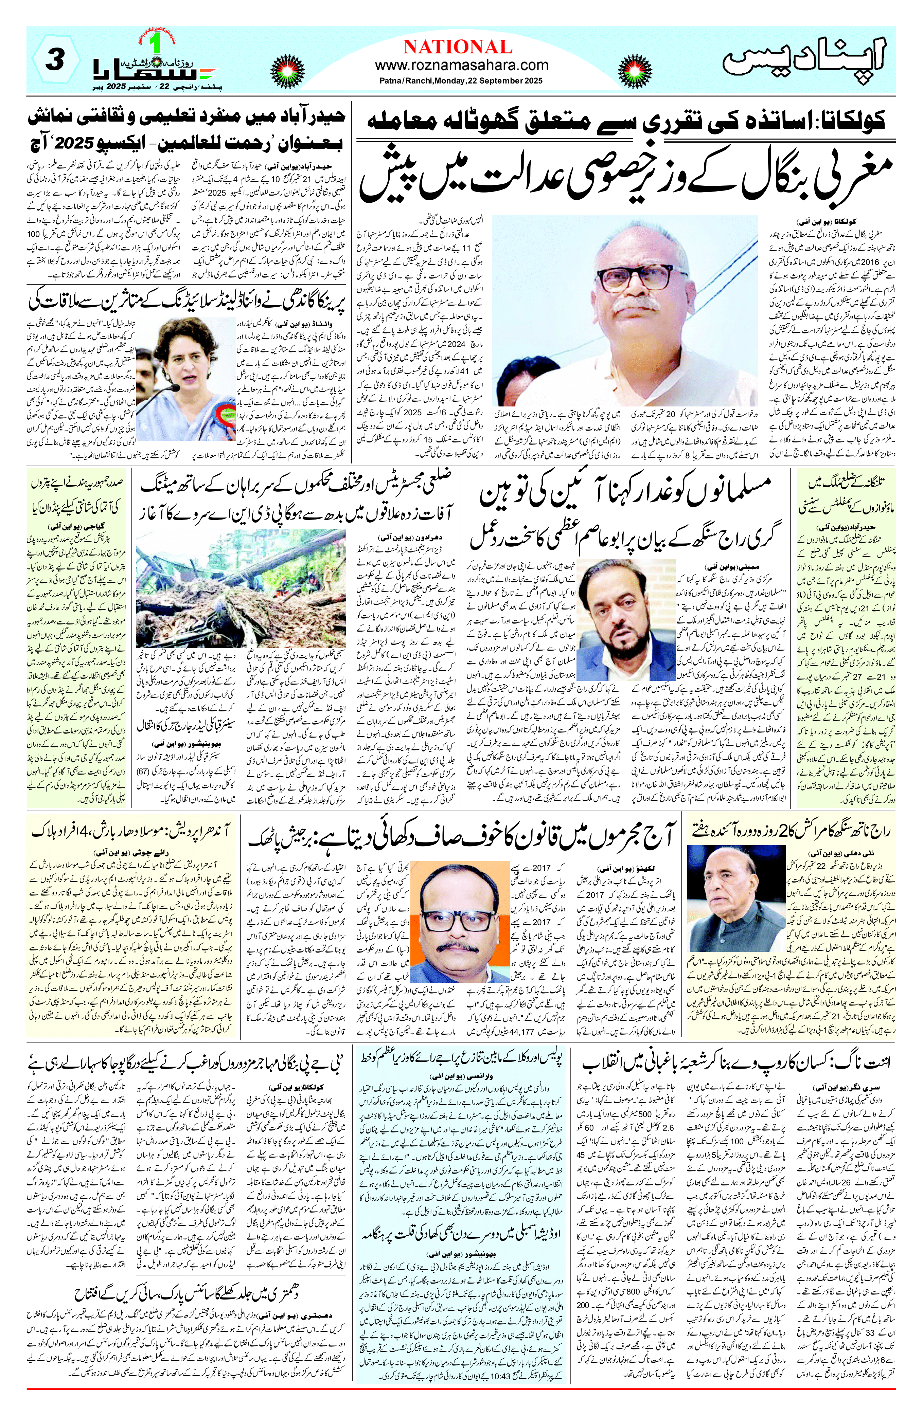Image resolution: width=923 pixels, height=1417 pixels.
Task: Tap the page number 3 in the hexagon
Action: (55, 61)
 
